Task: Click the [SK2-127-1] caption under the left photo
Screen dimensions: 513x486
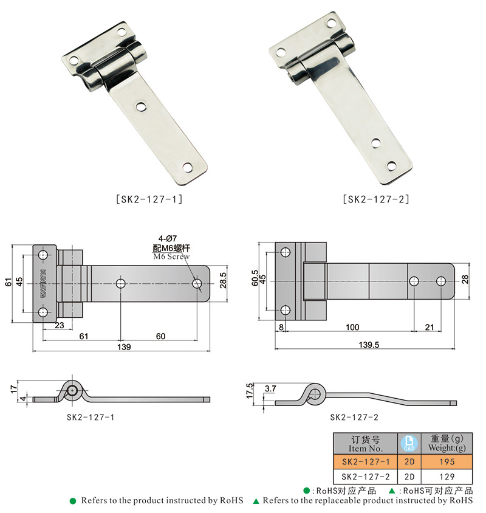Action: [148, 199]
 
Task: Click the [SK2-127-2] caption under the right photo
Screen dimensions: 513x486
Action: [376, 199]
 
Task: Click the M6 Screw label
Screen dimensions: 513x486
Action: [171, 256]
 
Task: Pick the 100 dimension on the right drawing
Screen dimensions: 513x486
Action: [352, 328]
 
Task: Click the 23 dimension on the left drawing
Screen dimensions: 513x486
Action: [60, 325]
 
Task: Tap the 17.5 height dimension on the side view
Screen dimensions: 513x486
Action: [250, 390]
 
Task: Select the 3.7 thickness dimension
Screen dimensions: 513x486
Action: [271, 387]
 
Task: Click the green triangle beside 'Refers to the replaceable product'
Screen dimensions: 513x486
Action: [256, 501]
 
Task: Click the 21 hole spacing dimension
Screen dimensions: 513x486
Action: [429, 328]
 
